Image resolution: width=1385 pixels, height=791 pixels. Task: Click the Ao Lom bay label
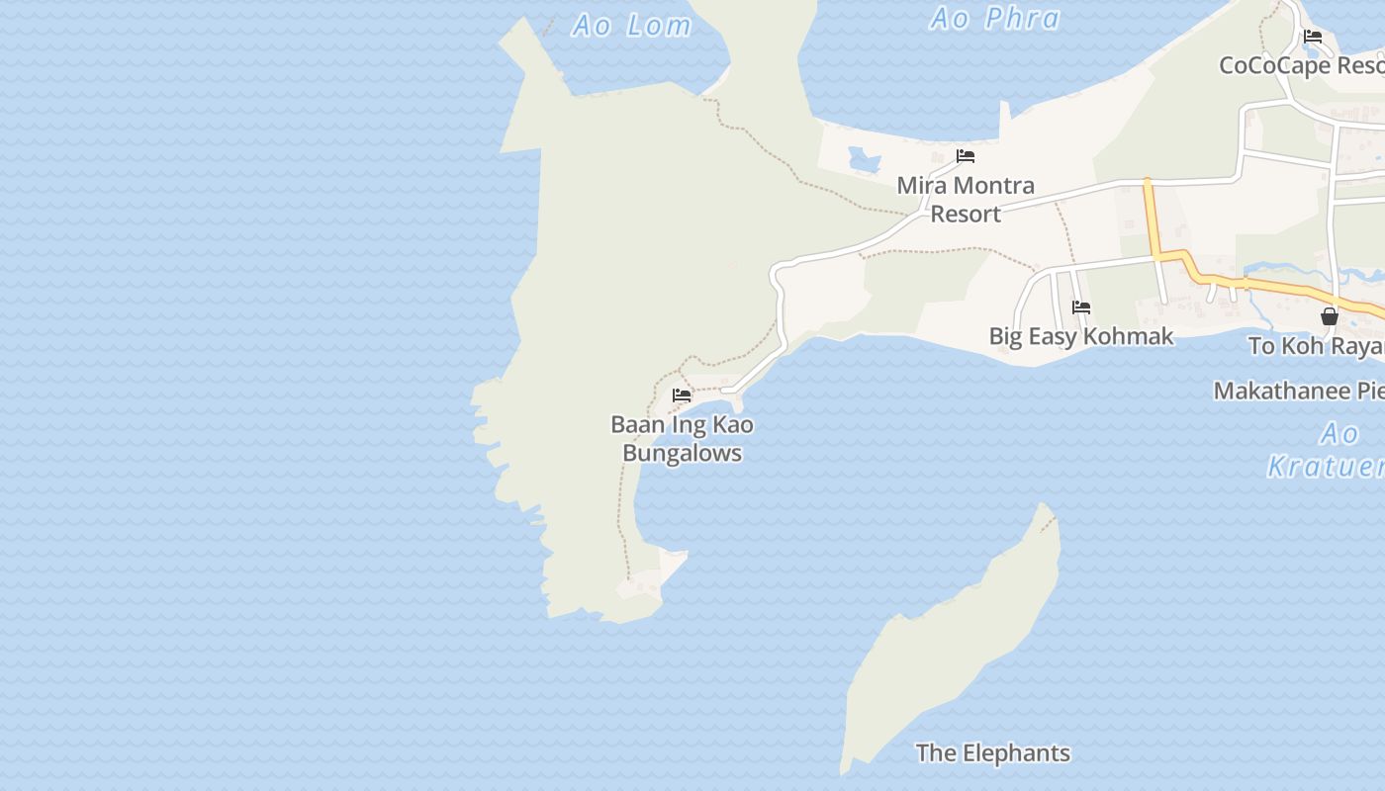coord(631,26)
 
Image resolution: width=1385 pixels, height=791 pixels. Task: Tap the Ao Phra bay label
coord(995,19)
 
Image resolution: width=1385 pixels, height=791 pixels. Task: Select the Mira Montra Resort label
coord(966,199)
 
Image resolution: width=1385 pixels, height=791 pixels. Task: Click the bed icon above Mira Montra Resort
coord(966,156)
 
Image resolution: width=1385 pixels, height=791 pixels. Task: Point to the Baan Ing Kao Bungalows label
coord(682,438)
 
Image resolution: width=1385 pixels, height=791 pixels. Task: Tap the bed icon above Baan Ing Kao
coord(682,395)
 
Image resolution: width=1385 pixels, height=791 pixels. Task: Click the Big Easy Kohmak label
coord(1081,336)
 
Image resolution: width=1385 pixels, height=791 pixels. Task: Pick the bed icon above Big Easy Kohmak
coord(1081,308)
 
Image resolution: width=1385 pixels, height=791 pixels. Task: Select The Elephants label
coord(992,752)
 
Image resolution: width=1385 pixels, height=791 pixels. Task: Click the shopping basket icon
coord(1330,316)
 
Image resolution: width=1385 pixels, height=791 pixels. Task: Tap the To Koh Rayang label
coord(1316,346)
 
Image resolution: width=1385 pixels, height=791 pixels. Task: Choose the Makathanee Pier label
coord(1298,391)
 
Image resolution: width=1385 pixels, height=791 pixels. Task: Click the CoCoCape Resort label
coord(1301,65)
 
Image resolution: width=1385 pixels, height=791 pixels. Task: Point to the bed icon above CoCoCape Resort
coord(1313,37)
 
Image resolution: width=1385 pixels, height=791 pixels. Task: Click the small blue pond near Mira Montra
coord(864,159)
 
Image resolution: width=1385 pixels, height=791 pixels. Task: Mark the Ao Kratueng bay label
coord(1331,450)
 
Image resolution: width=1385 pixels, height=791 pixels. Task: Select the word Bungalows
coord(682,453)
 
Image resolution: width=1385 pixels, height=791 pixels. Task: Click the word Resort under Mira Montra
coord(966,214)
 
